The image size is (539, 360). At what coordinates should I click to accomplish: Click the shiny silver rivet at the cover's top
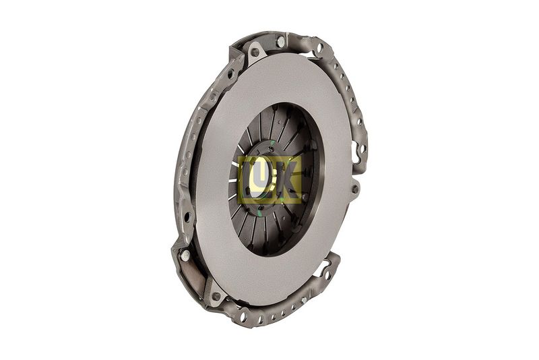click(x=281, y=42)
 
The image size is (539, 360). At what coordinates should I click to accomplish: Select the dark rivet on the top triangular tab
click(x=255, y=53)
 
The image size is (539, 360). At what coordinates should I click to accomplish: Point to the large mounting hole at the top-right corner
click(x=319, y=47)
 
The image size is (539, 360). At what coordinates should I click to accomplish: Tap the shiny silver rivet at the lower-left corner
click(x=185, y=255)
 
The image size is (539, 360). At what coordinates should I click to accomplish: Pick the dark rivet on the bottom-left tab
click(x=216, y=296)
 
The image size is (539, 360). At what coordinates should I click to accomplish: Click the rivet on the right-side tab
click(x=355, y=189)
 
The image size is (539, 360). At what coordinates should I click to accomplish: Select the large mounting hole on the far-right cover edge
click(x=362, y=149)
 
